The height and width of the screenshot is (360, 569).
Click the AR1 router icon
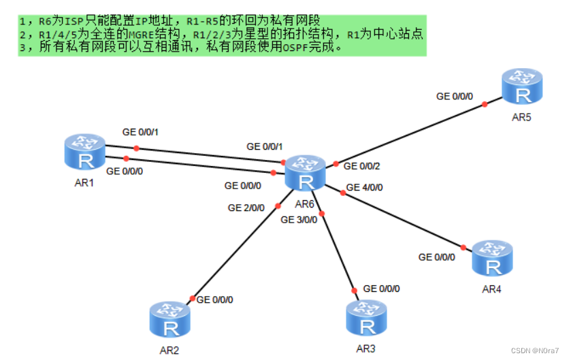coord(86,151)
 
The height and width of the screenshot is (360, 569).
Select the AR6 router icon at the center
coord(306,173)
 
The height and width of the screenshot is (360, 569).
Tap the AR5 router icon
coord(522,86)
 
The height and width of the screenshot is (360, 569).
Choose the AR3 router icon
coord(367,318)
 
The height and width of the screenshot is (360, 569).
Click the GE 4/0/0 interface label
coord(364,187)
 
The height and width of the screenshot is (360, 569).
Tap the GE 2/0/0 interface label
coord(246,208)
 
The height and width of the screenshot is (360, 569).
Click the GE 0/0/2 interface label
coord(362,166)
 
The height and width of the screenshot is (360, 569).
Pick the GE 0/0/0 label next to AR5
coord(455,97)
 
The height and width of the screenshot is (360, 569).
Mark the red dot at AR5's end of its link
coord(485,104)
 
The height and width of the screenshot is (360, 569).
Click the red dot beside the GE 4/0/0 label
coord(342,195)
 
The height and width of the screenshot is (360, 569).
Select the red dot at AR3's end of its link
coord(353,289)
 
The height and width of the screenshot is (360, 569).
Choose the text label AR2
coord(169,350)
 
